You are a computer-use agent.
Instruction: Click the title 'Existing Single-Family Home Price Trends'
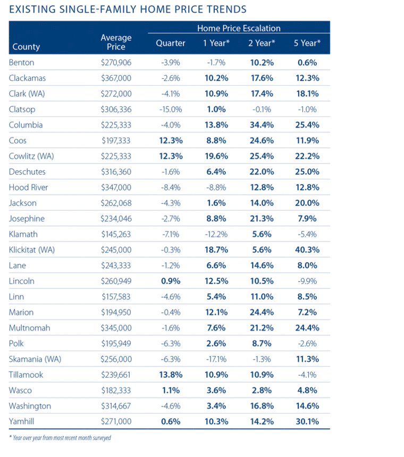tap(128, 9)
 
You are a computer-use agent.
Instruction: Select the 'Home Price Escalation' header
tap(239, 28)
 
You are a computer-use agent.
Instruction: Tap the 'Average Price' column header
tap(116, 42)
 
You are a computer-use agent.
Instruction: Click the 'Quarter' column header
tap(171, 43)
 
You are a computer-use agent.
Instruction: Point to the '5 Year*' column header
tap(306, 43)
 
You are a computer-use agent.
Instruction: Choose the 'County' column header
tap(26, 47)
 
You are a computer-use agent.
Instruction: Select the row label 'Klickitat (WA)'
tap(32, 250)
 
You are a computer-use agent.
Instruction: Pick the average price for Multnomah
tap(116, 328)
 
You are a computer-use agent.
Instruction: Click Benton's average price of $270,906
tap(116, 62)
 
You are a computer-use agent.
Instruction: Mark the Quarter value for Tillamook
tap(171, 375)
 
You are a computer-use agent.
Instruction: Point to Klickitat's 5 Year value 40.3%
tap(306, 250)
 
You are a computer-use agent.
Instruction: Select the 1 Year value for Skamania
tap(216, 359)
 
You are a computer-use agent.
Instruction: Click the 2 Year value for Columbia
tap(261, 125)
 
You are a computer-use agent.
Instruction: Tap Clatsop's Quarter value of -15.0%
tap(171, 110)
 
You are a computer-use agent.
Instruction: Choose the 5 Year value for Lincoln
tap(306, 281)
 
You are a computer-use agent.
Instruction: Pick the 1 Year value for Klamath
tap(216, 234)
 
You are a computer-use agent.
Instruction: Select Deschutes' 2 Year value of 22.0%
tap(261, 172)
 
